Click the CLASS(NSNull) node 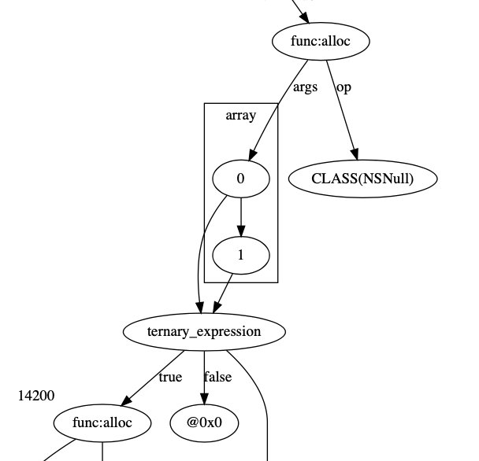(362, 179)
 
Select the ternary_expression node (204, 331)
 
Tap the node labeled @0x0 (204, 423)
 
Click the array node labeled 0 (241, 179)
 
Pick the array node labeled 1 (241, 255)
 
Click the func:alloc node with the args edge (320, 42)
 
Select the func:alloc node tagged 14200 (102, 423)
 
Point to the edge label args (305, 87)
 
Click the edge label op (343, 87)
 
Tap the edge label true (170, 377)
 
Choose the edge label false (217, 377)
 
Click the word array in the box (241, 116)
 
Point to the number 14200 (36, 396)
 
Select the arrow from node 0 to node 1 (241, 216)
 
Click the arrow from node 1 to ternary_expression (223, 293)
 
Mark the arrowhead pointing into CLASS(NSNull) (355, 157)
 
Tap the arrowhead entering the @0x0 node (204, 400)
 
